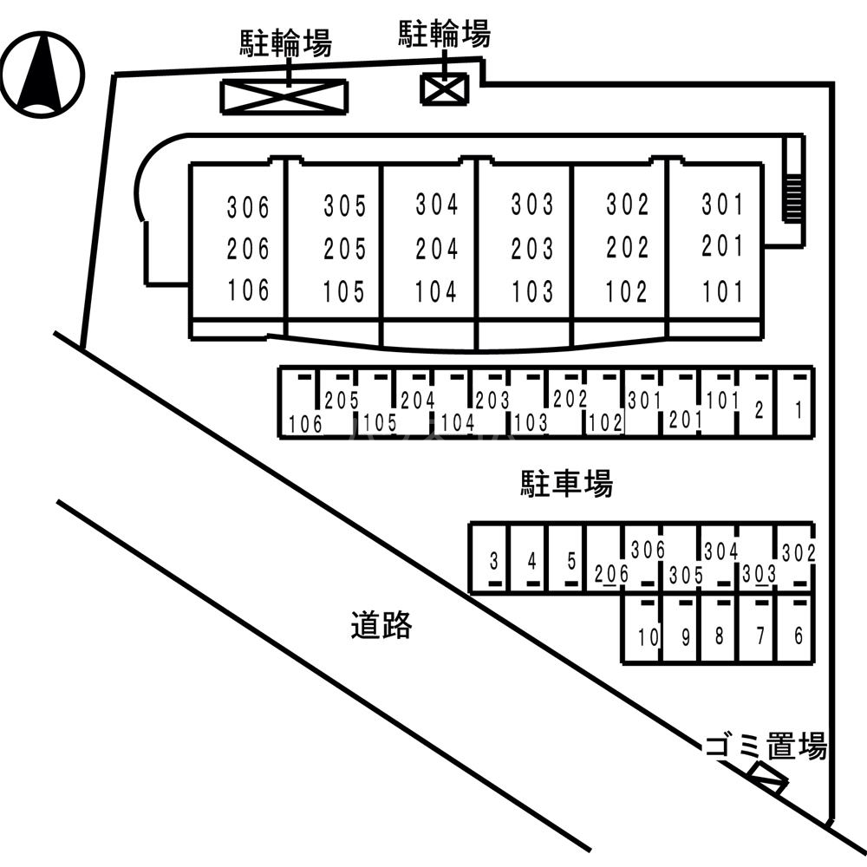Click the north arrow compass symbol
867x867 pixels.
(x=42, y=74)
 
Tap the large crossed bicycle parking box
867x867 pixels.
(x=284, y=95)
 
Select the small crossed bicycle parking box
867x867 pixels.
(x=444, y=88)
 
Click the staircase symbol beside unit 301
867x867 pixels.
(x=792, y=191)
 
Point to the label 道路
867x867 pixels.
(x=381, y=624)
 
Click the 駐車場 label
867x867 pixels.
(x=566, y=484)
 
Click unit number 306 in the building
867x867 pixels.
(x=249, y=208)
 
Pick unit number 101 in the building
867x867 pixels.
(x=723, y=290)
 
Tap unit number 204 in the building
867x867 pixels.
(x=437, y=249)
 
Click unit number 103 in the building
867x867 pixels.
(x=531, y=291)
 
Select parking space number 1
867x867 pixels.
(x=796, y=404)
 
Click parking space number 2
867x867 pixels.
(x=757, y=404)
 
